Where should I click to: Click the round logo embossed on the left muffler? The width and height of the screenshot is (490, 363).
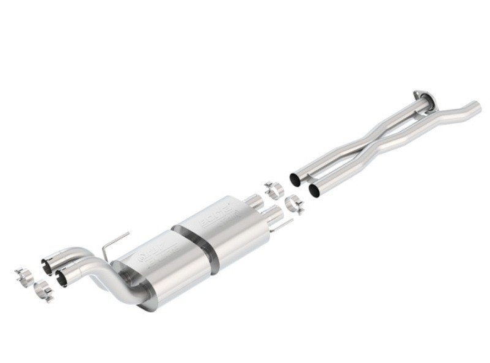tap(145, 258)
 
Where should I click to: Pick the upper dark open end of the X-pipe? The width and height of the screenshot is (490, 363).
tap(295, 179)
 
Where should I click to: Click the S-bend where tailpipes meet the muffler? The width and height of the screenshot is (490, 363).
tap(98, 275)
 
